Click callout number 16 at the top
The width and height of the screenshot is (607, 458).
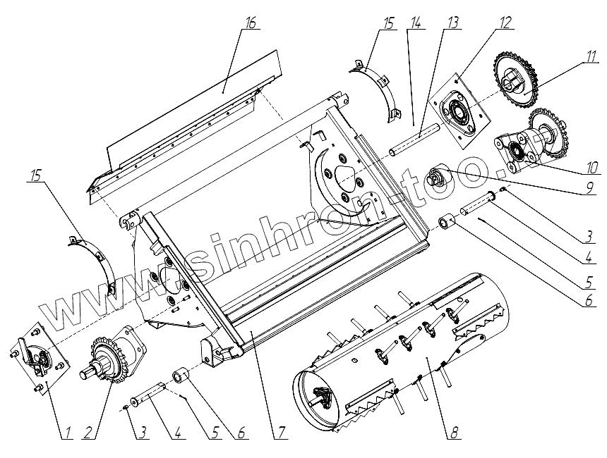(251, 22)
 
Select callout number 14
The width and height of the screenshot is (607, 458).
(416, 22)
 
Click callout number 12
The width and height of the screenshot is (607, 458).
(503, 22)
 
